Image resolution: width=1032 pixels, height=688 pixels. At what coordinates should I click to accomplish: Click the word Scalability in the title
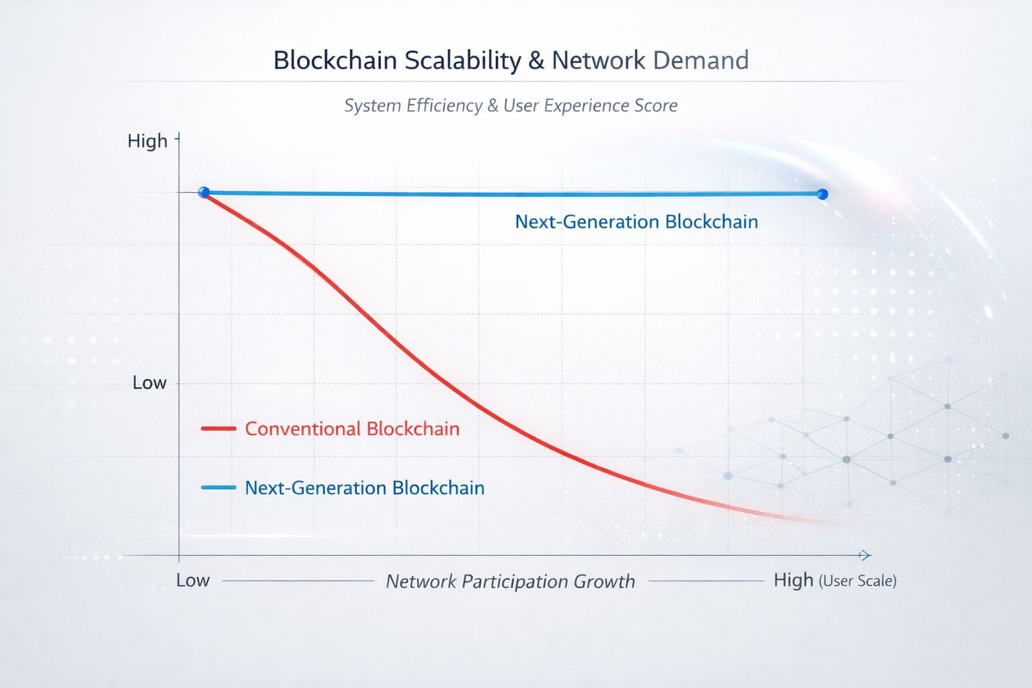[x=462, y=60]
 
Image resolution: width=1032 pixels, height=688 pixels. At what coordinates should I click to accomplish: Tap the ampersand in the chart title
[x=536, y=60]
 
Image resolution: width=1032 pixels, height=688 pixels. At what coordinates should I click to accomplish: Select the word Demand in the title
[x=700, y=60]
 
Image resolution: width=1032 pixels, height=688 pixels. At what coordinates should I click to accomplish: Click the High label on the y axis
[x=147, y=141]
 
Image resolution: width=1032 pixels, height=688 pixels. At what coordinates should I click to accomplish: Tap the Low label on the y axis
[x=149, y=383]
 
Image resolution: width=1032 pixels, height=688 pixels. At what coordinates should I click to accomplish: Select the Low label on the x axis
[x=193, y=580]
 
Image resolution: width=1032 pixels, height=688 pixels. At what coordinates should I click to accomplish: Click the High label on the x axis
[x=793, y=580]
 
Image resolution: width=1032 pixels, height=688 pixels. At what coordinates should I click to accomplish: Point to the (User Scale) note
[x=857, y=581]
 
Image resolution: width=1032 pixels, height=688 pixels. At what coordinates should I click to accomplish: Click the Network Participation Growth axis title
[x=510, y=581]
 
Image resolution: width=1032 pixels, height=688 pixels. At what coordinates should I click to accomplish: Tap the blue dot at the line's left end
[x=204, y=193]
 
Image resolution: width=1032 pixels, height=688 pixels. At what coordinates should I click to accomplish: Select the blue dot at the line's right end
[x=822, y=194]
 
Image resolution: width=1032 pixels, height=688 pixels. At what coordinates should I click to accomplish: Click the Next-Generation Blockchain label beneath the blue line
[x=636, y=222]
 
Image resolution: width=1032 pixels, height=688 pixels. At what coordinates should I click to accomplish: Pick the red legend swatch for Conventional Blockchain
[x=218, y=429]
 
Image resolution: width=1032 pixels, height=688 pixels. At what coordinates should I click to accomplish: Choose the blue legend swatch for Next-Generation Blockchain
[x=218, y=488]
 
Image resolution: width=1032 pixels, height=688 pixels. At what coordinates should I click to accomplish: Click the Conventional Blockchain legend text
[x=352, y=429]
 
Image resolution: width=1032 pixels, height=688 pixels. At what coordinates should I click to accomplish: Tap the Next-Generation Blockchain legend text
[x=364, y=488]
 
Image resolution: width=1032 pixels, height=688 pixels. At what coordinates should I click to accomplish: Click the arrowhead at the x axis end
[x=865, y=555]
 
